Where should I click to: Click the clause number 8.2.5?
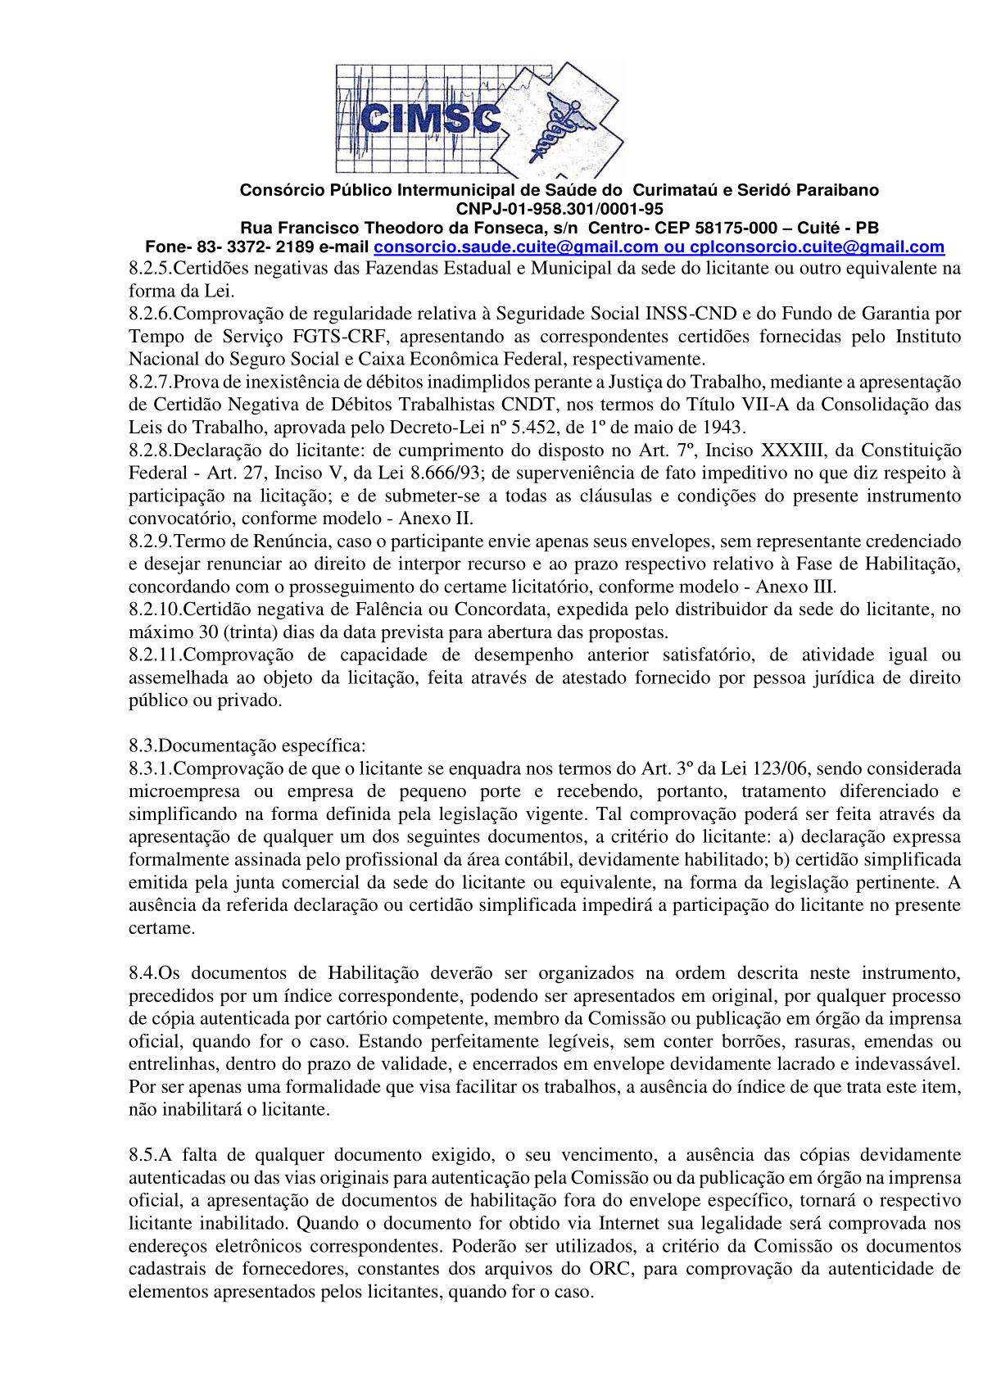[150, 268]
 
